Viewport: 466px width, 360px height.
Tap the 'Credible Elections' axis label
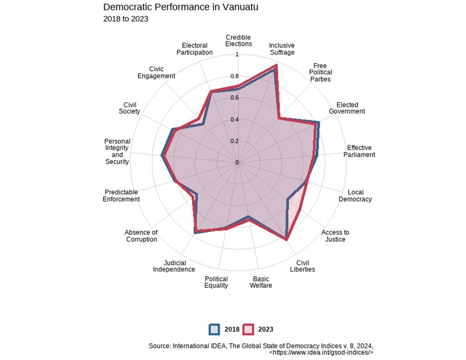[x=239, y=40]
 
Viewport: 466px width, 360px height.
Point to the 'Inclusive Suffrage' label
[x=282, y=49]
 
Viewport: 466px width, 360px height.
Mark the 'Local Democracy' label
[x=355, y=196]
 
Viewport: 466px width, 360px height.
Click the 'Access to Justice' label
[x=335, y=236]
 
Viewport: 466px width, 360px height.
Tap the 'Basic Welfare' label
[x=260, y=282]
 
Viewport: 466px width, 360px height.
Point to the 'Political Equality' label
[x=216, y=282]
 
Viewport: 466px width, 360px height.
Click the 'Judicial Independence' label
[x=171, y=266]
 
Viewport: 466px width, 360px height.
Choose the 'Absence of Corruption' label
[x=141, y=236]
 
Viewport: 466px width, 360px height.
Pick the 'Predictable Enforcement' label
[x=121, y=196]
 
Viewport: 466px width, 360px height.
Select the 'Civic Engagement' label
[x=156, y=72]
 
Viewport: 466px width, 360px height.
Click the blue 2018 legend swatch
[x=215, y=329]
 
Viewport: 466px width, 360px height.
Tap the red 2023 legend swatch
[x=249, y=329]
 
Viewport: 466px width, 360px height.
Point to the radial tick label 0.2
[x=236, y=141]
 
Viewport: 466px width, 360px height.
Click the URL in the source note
[x=321, y=353]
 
